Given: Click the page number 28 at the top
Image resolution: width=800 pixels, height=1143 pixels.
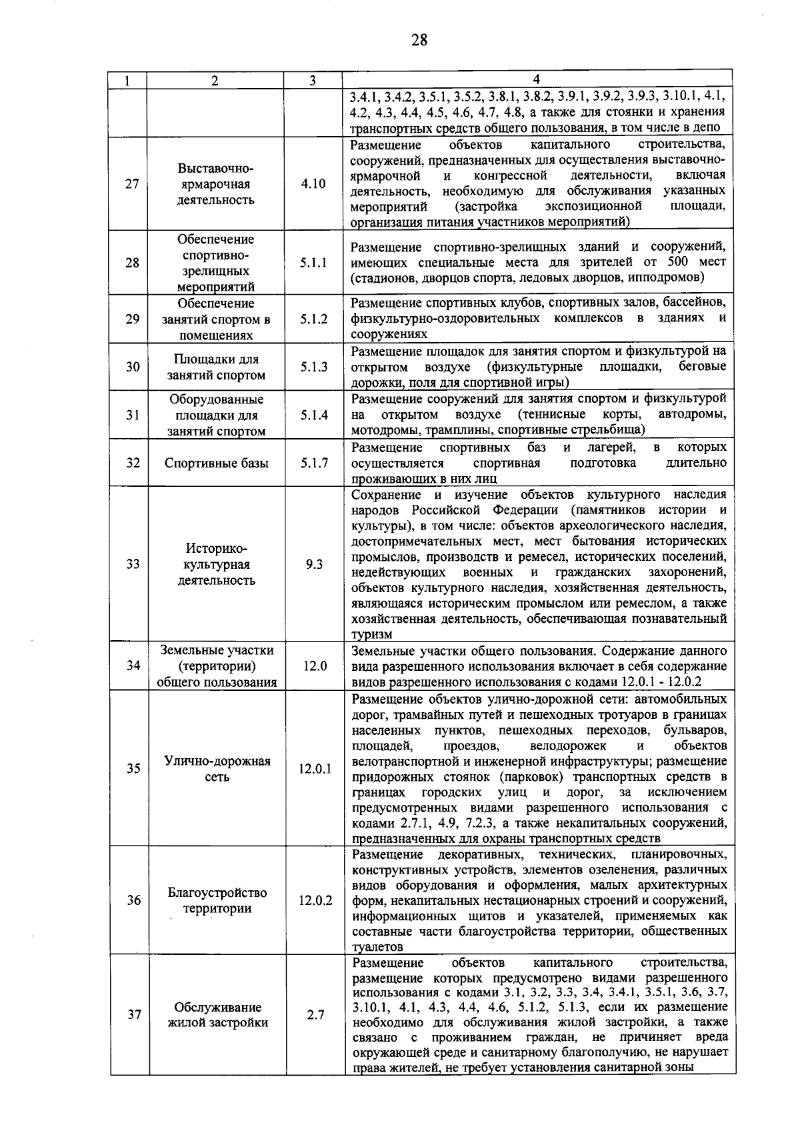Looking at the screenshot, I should (x=419, y=40).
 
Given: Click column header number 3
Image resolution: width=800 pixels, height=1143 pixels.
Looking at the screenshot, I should (x=313, y=81).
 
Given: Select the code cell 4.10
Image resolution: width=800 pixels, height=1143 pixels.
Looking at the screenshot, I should (x=313, y=183).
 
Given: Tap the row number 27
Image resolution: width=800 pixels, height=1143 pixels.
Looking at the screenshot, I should (x=131, y=183).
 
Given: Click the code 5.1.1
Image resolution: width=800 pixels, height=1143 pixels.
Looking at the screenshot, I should (x=313, y=263).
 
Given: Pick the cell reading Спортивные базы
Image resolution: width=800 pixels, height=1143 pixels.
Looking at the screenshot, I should (x=217, y=462).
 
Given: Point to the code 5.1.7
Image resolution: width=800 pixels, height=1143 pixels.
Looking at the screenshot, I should (x=313, y=462).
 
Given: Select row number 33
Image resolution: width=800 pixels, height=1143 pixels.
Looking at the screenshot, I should (x=132, y=564).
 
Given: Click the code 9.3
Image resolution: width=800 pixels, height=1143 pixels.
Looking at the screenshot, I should (x=313, y=564).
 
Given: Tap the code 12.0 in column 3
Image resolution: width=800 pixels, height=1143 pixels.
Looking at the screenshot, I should (x=313, y=666).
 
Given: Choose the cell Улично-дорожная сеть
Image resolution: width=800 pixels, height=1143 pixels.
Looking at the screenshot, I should (x=217, y=769).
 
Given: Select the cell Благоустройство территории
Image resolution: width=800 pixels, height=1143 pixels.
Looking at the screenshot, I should (x=217, y=900).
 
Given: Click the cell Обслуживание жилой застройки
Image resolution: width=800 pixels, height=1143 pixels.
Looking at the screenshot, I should (x=217, y=1015).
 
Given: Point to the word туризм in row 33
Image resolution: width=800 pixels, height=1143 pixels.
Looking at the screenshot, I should (x=372, y=634).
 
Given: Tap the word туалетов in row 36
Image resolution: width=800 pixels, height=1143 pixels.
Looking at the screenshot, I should (x=377, y=947).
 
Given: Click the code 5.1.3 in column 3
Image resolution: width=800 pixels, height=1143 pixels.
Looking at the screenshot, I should (x=313, y=366).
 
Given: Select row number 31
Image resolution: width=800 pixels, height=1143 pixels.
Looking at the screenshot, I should (x=132, y=415).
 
